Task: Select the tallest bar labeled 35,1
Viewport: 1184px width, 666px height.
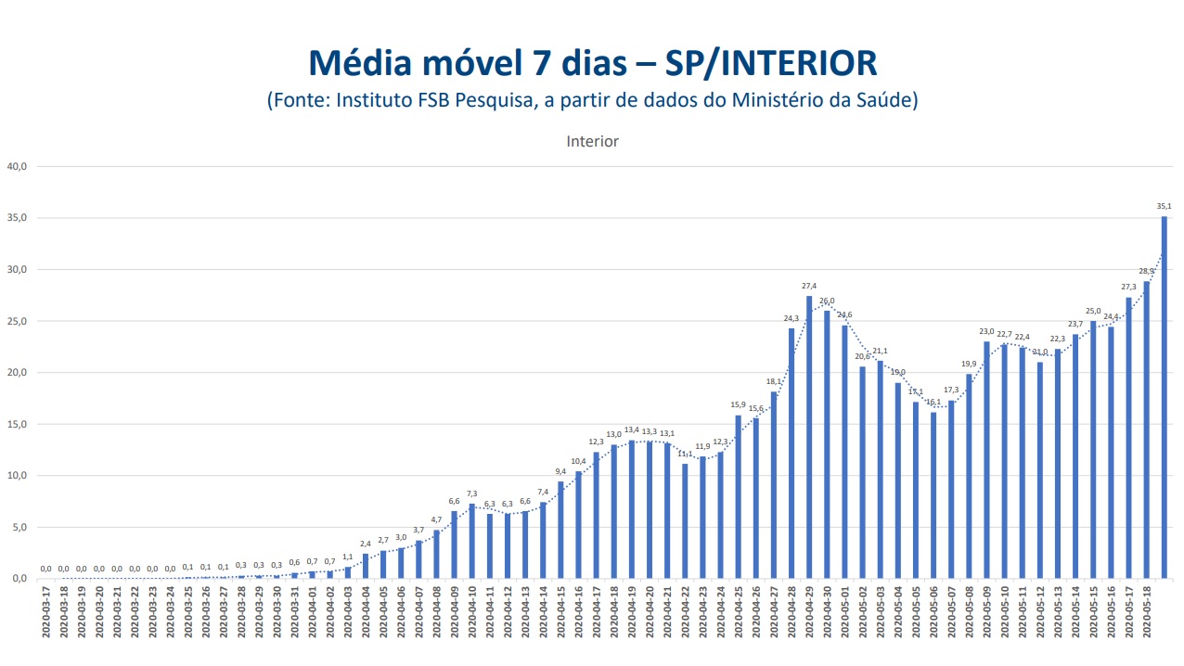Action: pos(1165,398)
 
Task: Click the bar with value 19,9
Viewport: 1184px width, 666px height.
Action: pos(969,476)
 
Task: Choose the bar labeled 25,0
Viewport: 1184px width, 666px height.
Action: pos(1093,450)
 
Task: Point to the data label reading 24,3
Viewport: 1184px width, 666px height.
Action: pos(791,318)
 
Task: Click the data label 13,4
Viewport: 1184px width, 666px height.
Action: pos(631,430)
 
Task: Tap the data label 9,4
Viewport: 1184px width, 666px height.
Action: pos(560,471)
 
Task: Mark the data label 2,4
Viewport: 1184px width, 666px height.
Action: pos(365,544)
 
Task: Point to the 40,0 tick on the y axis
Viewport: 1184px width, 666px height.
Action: pos(18,167)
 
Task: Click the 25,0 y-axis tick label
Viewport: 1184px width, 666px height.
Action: pos(18,322)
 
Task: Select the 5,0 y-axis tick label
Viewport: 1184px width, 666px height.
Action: pos(19,528)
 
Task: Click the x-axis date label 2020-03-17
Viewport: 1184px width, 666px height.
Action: pos(45,611)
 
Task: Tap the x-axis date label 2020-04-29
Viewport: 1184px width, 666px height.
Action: pos(809,611)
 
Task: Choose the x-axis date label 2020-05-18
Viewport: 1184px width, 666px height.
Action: pos(1147,611)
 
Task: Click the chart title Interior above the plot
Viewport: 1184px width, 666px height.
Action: pos(592,142)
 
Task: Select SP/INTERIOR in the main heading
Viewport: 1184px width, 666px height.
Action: pos(771,63)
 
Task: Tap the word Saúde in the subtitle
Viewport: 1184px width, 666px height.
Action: pos(883,100)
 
